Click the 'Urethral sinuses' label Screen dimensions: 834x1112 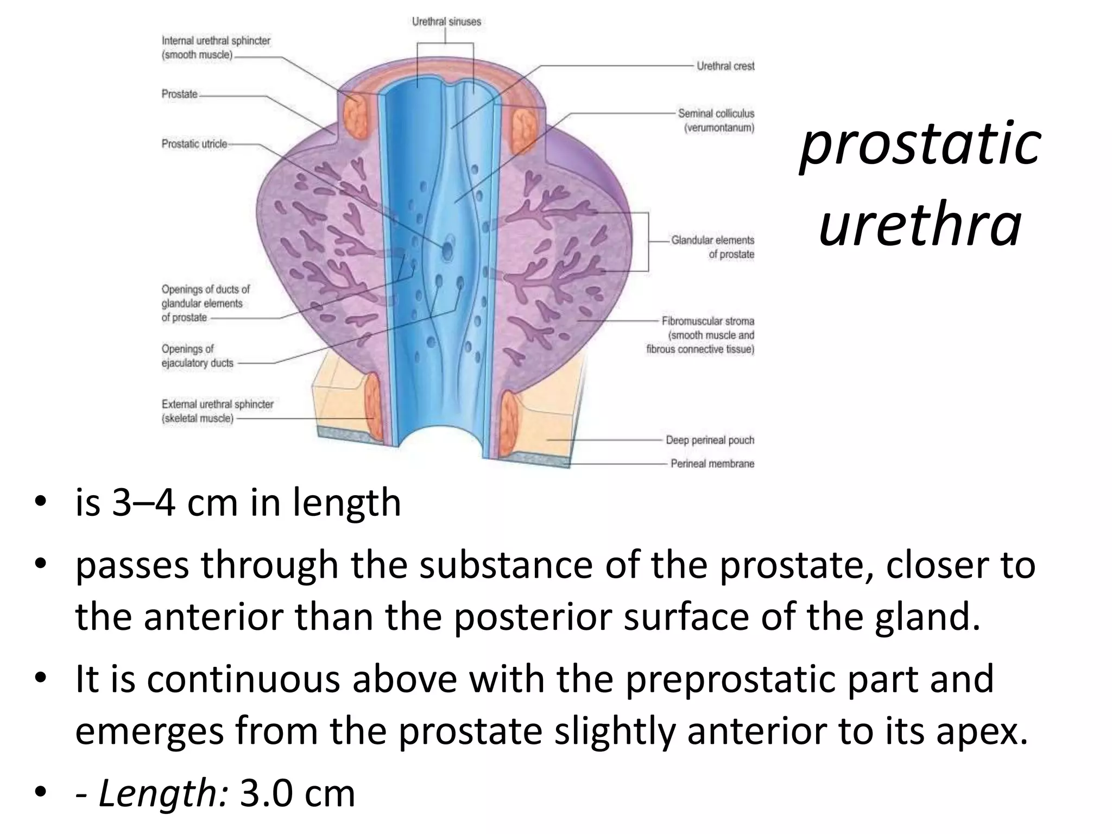(446, 22)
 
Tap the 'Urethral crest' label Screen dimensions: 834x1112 (725, 66)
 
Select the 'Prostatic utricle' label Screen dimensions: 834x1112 (194, 144)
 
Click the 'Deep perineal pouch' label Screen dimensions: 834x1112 (710, 440)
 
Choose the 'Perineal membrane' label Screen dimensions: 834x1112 (712, 464)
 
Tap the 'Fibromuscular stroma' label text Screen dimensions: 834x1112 (707, 321)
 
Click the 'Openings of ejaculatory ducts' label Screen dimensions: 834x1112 (197, 356)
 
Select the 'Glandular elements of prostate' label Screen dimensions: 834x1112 (712, 247)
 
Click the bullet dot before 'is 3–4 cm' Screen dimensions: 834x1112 (40, 502)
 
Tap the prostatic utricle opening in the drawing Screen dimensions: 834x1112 (447, 250)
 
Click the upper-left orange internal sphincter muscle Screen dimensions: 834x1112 (357, 115)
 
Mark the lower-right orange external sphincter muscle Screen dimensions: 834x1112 (510, 422)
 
